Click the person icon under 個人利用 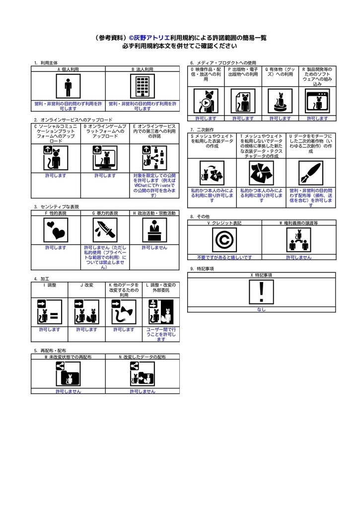coord(68,86)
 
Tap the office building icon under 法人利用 coord(143,86)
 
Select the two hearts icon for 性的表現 coord(56,230)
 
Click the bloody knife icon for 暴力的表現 coord(105,230)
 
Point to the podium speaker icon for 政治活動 coord(155,230)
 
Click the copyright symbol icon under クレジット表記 coord(224,240)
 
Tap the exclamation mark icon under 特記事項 coord(261,292)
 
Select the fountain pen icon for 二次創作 coord(311,173)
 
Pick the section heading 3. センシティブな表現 coord(57,207)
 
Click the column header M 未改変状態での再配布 coord(68,357)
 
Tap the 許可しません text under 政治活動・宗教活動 coord(154,248)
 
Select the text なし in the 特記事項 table coord(261,310)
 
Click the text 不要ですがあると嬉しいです coord(224,257)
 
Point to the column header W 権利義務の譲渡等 coord(299,223)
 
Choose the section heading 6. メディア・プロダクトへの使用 coord(223,63)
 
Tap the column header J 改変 coord(86,285)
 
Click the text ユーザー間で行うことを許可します coord(161,334)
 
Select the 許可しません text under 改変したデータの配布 coord(143,391)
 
